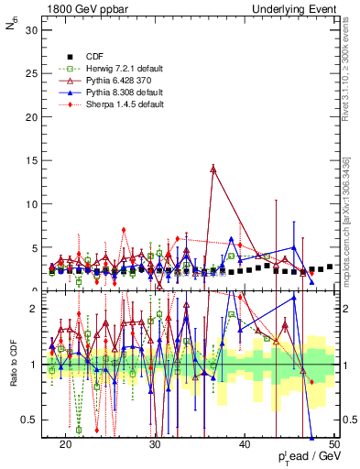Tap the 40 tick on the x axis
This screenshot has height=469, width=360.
[x=245, y=443]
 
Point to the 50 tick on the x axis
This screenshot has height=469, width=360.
[x=333, y=443]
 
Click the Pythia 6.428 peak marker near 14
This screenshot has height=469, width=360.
[x=213, y=169]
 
